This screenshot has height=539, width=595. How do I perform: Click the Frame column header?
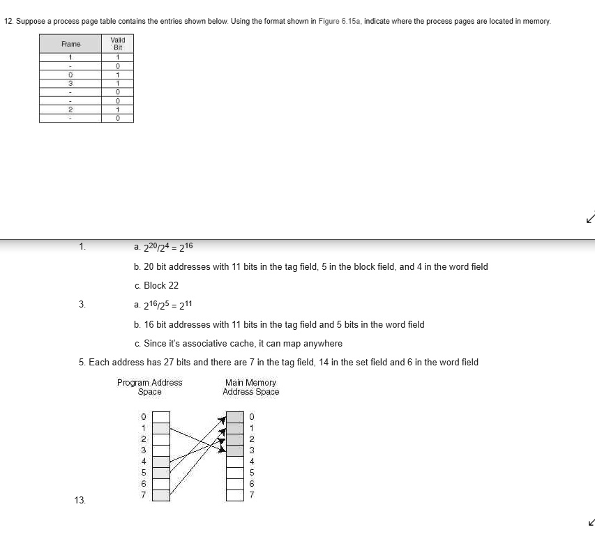tap(70, 44)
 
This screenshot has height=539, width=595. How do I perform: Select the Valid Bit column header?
tap(118, 44)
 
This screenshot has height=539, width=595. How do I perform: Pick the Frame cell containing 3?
tap(70, 83)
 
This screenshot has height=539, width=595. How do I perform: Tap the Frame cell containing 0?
tap(70, 74)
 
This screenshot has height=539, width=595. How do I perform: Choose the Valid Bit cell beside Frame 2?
tap(118, 109)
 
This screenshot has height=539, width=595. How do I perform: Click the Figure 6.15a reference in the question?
tap(339, 22)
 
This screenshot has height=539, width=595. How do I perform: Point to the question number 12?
tap(8, 22)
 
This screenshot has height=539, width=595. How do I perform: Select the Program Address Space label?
tap(149, 387)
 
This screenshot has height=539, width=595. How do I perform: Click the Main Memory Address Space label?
tap(250, 387)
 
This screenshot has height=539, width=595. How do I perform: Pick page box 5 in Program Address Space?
tap(161, 473)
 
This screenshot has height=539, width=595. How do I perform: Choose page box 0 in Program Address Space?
tap(161, 417)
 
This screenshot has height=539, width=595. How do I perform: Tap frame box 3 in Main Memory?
tap(236, 450)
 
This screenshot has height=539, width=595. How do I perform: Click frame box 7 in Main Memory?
tap(236, 495)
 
